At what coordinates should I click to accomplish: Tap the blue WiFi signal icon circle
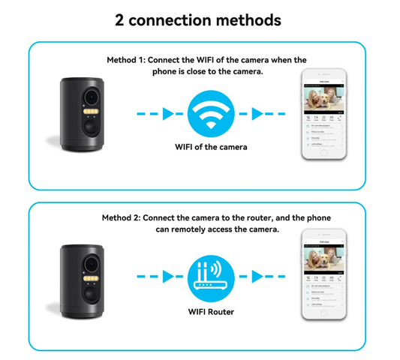click(x=211, y=114)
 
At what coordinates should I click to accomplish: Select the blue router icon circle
click(x=210, y=277)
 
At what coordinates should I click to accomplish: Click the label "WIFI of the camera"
click(x=210, y=147)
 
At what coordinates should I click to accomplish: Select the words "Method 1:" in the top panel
click(x=128, y=59)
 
